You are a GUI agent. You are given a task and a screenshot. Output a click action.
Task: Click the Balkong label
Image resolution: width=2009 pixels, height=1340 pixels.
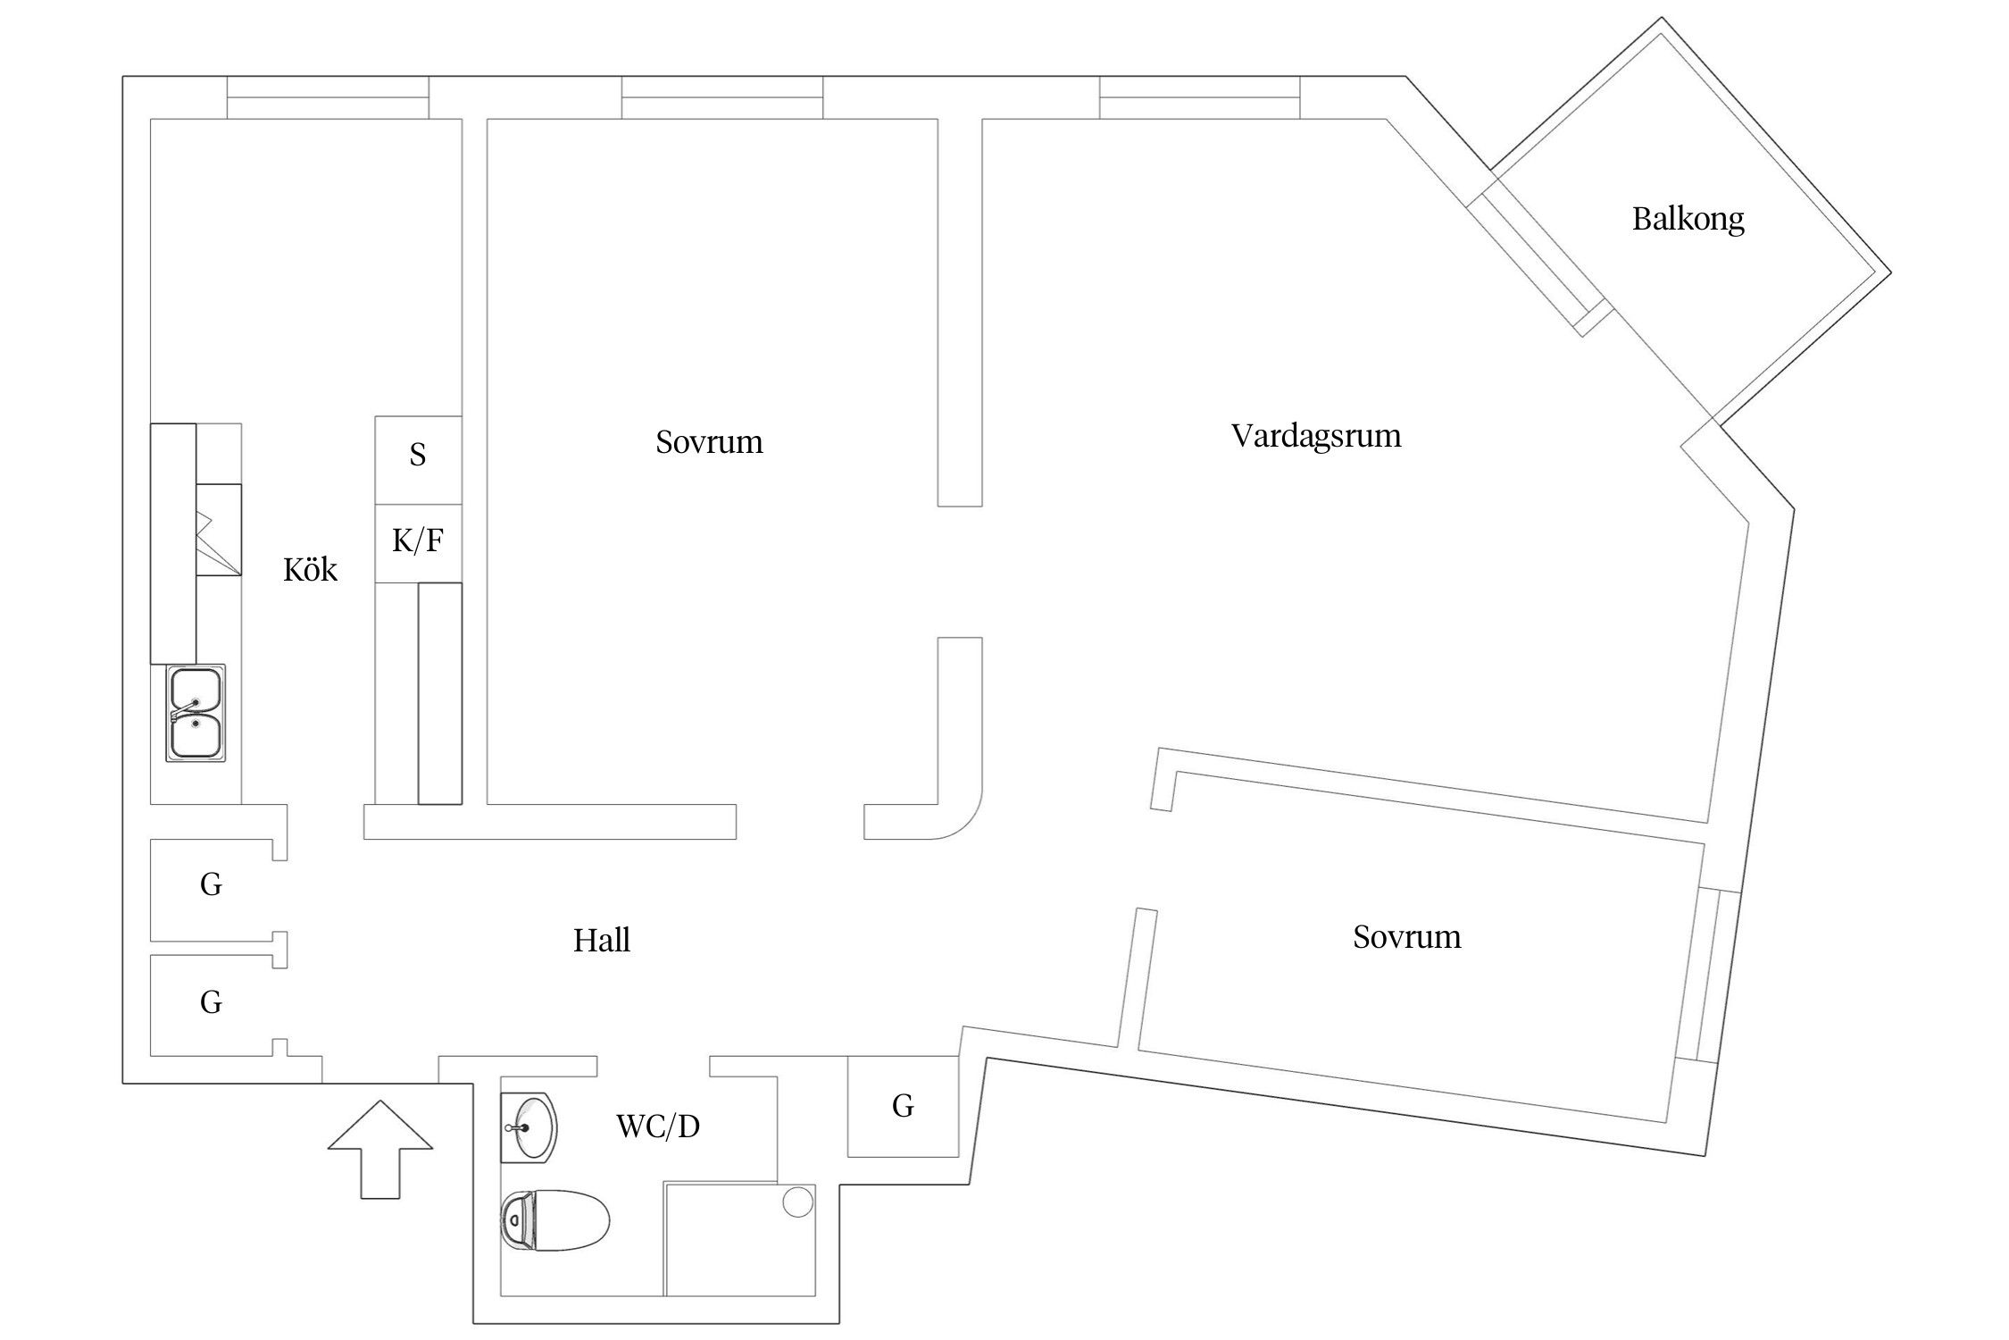[x=1688, y=219]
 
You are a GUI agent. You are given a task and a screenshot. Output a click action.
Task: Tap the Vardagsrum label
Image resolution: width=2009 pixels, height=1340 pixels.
[x=1315, y=436]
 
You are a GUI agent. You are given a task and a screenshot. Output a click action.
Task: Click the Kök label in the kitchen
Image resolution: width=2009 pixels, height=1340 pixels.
[x=310, y=570]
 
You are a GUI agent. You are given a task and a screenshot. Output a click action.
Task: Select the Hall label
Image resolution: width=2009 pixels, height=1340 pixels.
[x=601, y=941]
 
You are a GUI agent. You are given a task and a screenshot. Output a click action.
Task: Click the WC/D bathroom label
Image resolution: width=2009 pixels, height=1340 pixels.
[x=657, y=1126]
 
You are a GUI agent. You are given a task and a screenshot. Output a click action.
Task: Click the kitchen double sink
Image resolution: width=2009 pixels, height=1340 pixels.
[x=196, y=713]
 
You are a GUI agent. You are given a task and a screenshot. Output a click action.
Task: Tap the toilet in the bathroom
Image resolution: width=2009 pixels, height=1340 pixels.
[x=554, y=1220]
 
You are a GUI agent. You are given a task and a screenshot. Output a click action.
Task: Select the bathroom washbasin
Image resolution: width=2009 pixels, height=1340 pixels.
[x=529, y=1127]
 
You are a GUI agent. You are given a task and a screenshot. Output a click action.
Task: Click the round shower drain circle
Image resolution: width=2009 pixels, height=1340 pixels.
[x=797, y=1202]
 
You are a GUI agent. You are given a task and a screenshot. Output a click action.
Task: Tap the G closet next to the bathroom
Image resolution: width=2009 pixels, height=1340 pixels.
[x=903, y=1106]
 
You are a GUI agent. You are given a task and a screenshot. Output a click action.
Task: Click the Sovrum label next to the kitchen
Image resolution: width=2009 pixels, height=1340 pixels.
[x=709, y=442]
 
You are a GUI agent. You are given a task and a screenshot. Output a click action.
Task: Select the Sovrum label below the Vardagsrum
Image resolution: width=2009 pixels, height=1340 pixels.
[x=1406, y=937]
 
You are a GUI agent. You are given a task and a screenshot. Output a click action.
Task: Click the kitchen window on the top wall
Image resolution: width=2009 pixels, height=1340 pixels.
[x=328, y=97]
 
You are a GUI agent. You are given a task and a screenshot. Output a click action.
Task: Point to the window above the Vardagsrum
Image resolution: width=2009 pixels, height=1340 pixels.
[x=1199, y=97]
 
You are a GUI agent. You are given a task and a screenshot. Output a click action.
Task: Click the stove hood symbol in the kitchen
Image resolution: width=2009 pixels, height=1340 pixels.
[x=218, y=530]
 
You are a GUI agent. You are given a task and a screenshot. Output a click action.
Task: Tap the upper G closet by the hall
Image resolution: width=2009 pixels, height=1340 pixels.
[x=211, y=884]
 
